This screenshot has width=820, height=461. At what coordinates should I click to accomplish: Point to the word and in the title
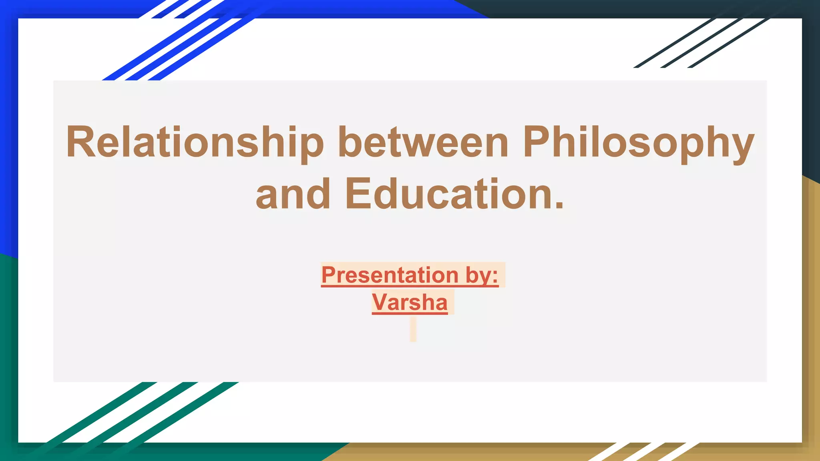click(x=293, y=194)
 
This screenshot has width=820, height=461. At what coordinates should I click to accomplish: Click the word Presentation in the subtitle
click(x=390, y=275)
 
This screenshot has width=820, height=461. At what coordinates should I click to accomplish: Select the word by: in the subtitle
click(x=482, y=275)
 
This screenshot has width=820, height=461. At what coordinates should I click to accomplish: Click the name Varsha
click(x=410, y=302)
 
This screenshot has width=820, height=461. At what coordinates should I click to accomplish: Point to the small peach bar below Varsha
click(x=413, y=329)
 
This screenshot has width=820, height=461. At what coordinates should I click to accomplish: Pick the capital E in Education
click(x=357, y=194)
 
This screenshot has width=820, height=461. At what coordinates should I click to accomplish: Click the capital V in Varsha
click(x=380, y=302)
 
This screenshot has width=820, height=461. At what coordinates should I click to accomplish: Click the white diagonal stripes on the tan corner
click(x=645, y=451)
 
